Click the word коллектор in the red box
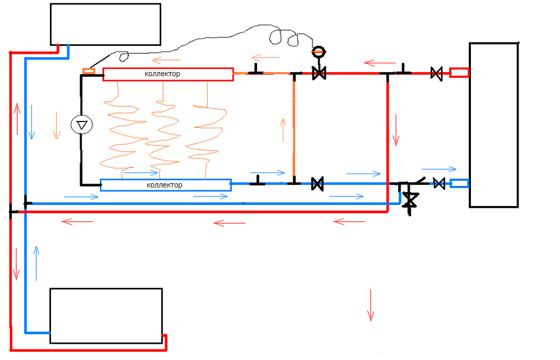pos(162,74)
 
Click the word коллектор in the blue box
pos(164,185)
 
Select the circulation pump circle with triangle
pos(82,125)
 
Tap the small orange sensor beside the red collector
pos(88,71)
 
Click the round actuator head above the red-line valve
pos(318,52)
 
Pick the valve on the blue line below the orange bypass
pos(318,183)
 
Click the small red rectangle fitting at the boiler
pos(459,72)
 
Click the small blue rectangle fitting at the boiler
pos(459,183)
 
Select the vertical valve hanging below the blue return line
pos(411,200)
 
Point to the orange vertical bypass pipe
pos(293,129)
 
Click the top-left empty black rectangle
pos(106,24)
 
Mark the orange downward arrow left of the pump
pos(56,125)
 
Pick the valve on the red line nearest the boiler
pos(436,73)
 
